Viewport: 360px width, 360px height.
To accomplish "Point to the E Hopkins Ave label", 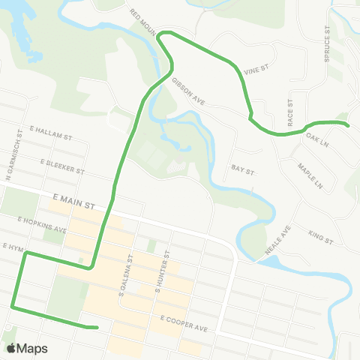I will coord(43,224).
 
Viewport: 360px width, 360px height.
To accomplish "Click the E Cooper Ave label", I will coord(182,323).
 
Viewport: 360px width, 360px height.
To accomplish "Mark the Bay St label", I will coord(244,170).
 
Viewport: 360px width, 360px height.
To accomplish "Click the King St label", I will coord(319,237).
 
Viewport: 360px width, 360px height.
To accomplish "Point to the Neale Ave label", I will coord(276,242).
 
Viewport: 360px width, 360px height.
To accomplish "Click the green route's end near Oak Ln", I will coord(349,125).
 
